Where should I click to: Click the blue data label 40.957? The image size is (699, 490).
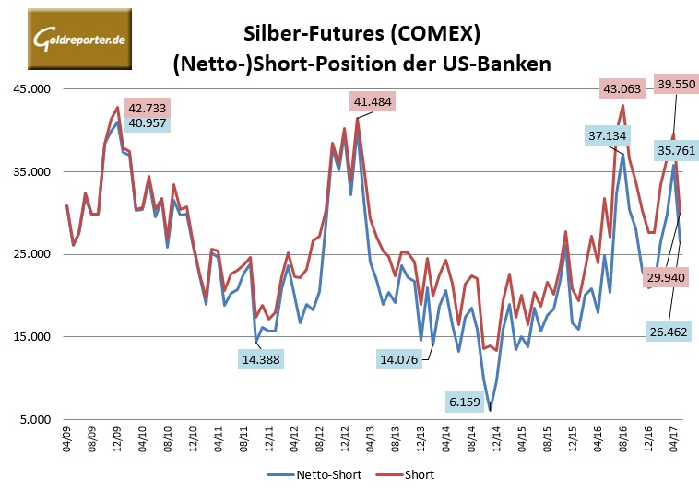(147, 122)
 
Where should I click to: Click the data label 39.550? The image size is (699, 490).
(676, 84)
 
